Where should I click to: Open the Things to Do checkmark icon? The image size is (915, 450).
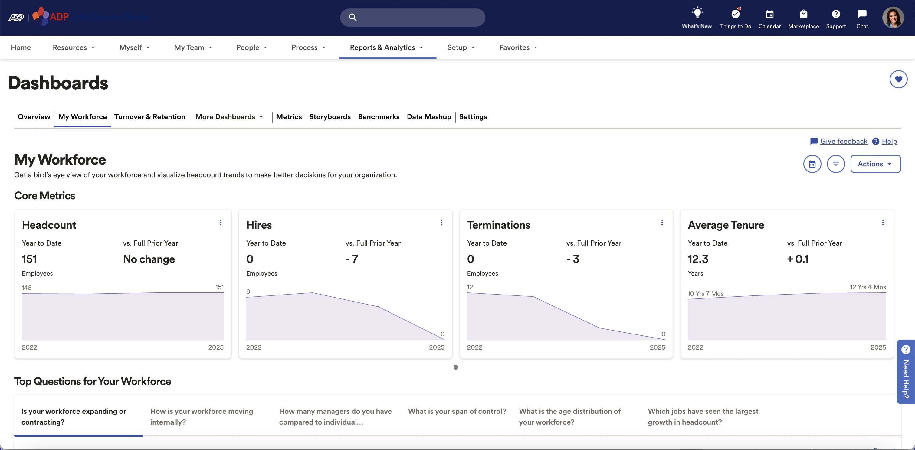tap(735, 14)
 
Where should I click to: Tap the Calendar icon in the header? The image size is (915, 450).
tap(769, 14)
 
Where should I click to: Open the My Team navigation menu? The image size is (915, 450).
tap(193, 47)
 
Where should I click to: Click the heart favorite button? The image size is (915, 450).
tap(898, 79)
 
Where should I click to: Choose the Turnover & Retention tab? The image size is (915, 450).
tap(149, 117)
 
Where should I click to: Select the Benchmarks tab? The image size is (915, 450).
tap(379, 117)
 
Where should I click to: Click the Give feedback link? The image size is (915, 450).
tap(844, 141)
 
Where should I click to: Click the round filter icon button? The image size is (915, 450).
tap(835, 164)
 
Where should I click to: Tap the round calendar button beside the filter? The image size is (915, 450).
tap(812, 164)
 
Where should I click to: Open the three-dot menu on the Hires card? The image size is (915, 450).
tap(441, 223)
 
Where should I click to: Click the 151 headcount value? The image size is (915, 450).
tap(29, 259)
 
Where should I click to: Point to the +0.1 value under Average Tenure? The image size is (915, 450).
tap(798, 259)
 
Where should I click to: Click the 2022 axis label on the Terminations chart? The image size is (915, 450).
tap(474, 347)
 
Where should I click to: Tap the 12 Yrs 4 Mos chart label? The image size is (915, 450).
tap(868, 287)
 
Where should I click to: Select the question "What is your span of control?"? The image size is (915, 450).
tap(457, 411)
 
